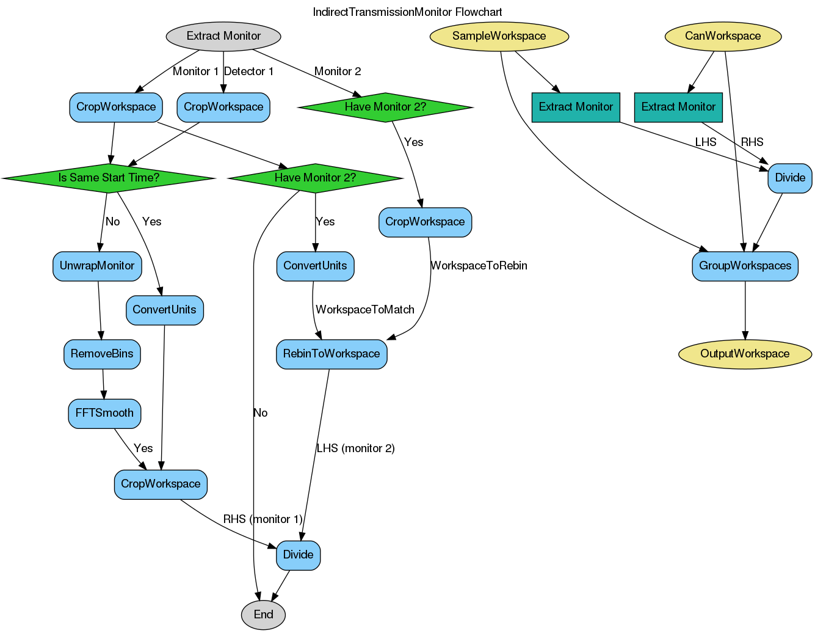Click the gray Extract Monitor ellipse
click(223, 36)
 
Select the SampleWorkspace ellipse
click(499, 36)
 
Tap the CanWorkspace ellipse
click(723, 36)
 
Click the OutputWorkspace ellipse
click(745, 354)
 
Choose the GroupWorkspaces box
click(745, 266)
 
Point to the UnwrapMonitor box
click(97, 266)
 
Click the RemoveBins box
click(102, 354)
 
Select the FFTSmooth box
click(104, 413)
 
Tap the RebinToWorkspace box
click(331, 354)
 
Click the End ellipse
click(264, 614)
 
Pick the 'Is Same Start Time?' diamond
click(109, 178)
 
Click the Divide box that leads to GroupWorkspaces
click(790, 178)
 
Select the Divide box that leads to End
click(298, 555)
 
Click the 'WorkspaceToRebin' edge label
click(479, 266)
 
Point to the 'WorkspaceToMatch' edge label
click(365, 310)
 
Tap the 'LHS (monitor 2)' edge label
click(355, 448)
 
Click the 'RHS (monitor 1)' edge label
click(263, 519)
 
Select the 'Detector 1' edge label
click(248, 71)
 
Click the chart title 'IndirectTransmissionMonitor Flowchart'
click(407, 12)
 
